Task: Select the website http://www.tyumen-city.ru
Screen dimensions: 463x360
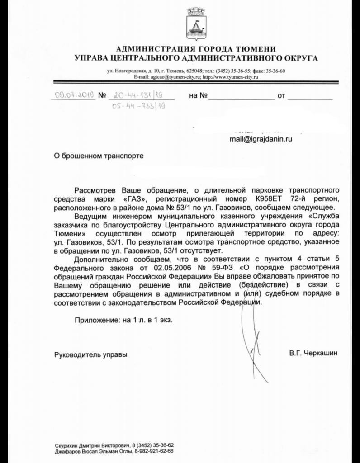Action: coord(230,77)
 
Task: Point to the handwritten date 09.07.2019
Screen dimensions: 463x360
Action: coord(74,95)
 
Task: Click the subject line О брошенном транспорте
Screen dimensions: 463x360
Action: coord(98,156)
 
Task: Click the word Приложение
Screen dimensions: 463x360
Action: coord(95,319)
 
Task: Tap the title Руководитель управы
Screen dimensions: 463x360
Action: coord(90,354)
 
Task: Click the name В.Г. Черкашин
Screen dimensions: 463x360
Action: coord(313,353)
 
